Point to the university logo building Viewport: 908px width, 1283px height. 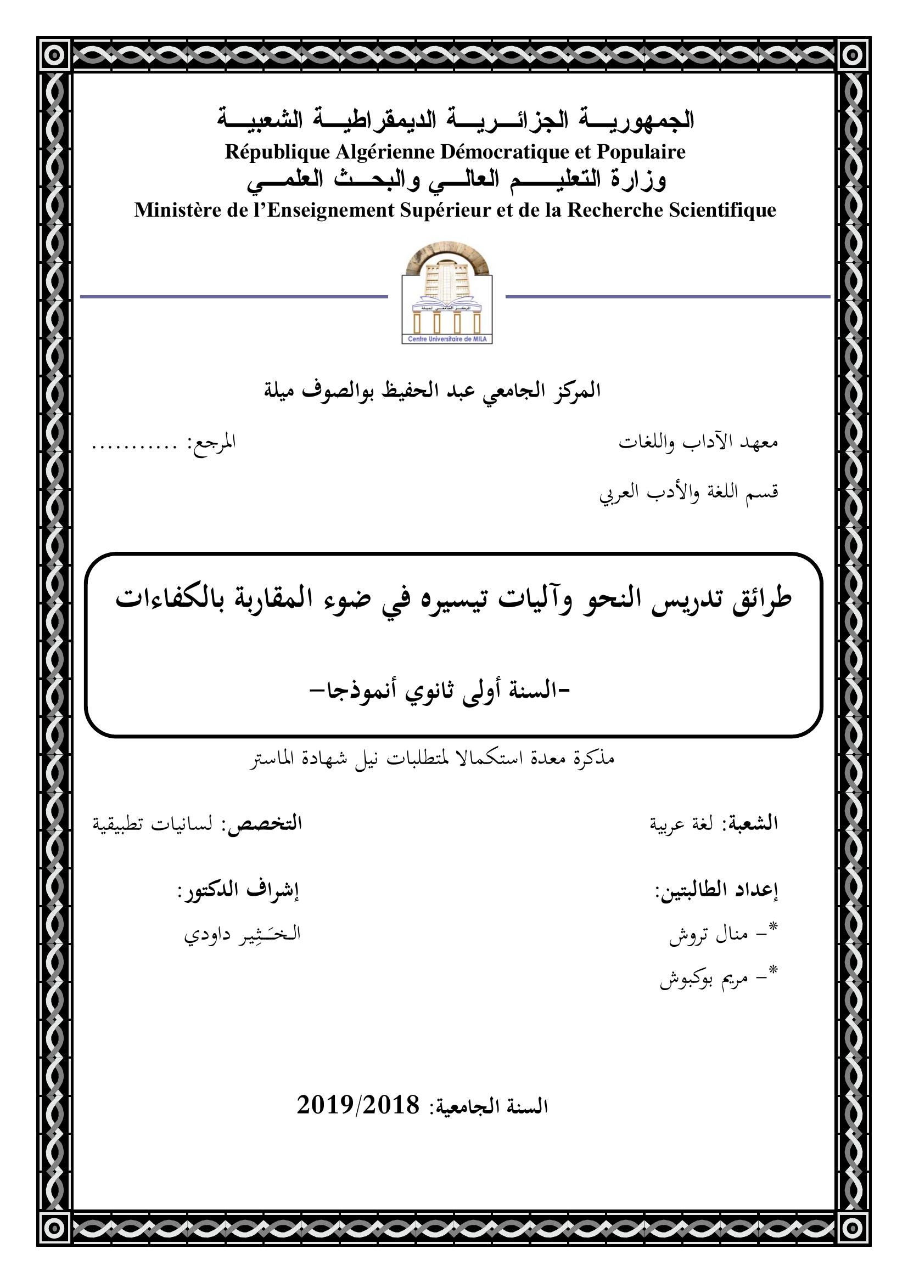(x=447, y=285)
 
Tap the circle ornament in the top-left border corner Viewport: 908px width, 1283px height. (x=54, y=54)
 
